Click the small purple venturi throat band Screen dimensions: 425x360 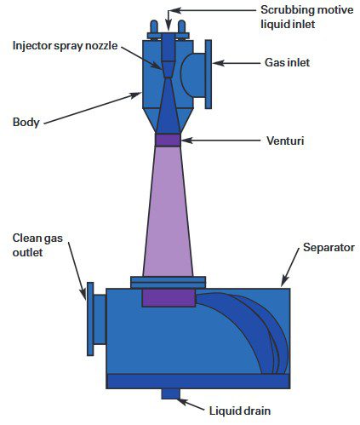[x=168, y=140]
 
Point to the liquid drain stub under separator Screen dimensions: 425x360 [x=170, y=393]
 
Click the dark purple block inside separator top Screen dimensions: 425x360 [x=168, y=297]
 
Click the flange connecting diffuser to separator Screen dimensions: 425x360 [x=168, y=282]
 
